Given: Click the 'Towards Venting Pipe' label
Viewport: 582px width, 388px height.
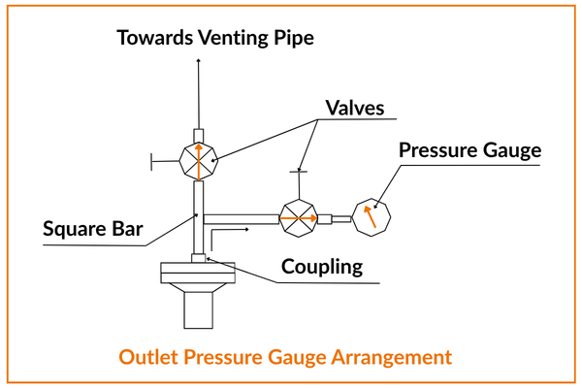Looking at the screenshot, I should (x=215, y=38).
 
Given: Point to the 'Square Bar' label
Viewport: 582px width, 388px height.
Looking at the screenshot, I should (x=93, y=230).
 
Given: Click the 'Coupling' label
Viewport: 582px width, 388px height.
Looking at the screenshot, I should (x=321, y=265).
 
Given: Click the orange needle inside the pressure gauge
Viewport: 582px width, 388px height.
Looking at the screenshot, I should (x=370, y=214).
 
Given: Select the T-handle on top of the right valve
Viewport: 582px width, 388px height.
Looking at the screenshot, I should (x=300, y=173).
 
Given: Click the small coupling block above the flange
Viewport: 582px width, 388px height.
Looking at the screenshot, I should (x=199, y=257).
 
